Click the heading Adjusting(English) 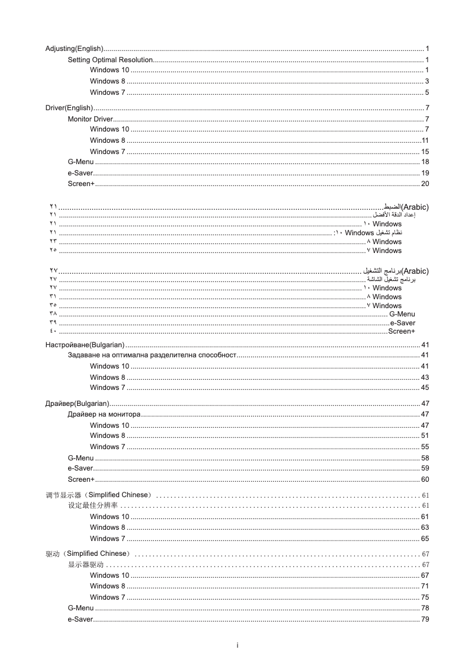click(75, 48)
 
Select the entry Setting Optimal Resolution click(110, 60)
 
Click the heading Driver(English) click(69, 108)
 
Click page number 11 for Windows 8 click(425, 140)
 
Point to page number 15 click(425, 152)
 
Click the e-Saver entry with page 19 click(81, 173)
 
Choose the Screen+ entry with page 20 click(81, 184)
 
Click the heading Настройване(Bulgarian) click(85, 345)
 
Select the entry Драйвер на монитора click(104, 414)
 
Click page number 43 click(425, 377)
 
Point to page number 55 click(425, 447)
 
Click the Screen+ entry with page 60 click(81, 479)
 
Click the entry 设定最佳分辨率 click(93, 505)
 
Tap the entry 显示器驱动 click(86, 565)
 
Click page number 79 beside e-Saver click(425, 620)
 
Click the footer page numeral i click(237, 645)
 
